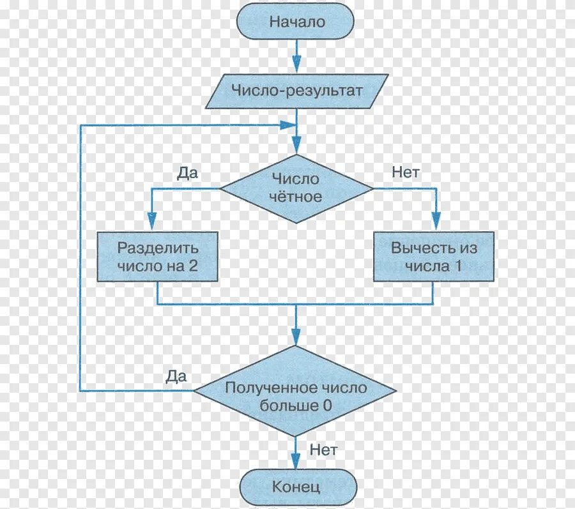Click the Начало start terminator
[x=295, y=22]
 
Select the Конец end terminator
[x=295, y=487]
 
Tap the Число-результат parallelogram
[x=296, y=91]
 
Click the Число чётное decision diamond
[x=296, y=188]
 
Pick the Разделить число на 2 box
[x=157, y=257]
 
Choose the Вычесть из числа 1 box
[x=434, y=257]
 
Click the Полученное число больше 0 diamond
[x=295, y=396]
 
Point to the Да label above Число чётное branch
[x=187, y=173]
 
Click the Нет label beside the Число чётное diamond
[x=405, y=171]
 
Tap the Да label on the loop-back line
[x=175, y=376]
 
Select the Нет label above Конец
[x=323, y=449]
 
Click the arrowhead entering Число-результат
[x=296, y=65]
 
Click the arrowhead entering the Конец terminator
[x=295, y=462]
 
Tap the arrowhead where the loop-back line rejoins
[x=289, y=125]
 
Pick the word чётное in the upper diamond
[x=296, y=197]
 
